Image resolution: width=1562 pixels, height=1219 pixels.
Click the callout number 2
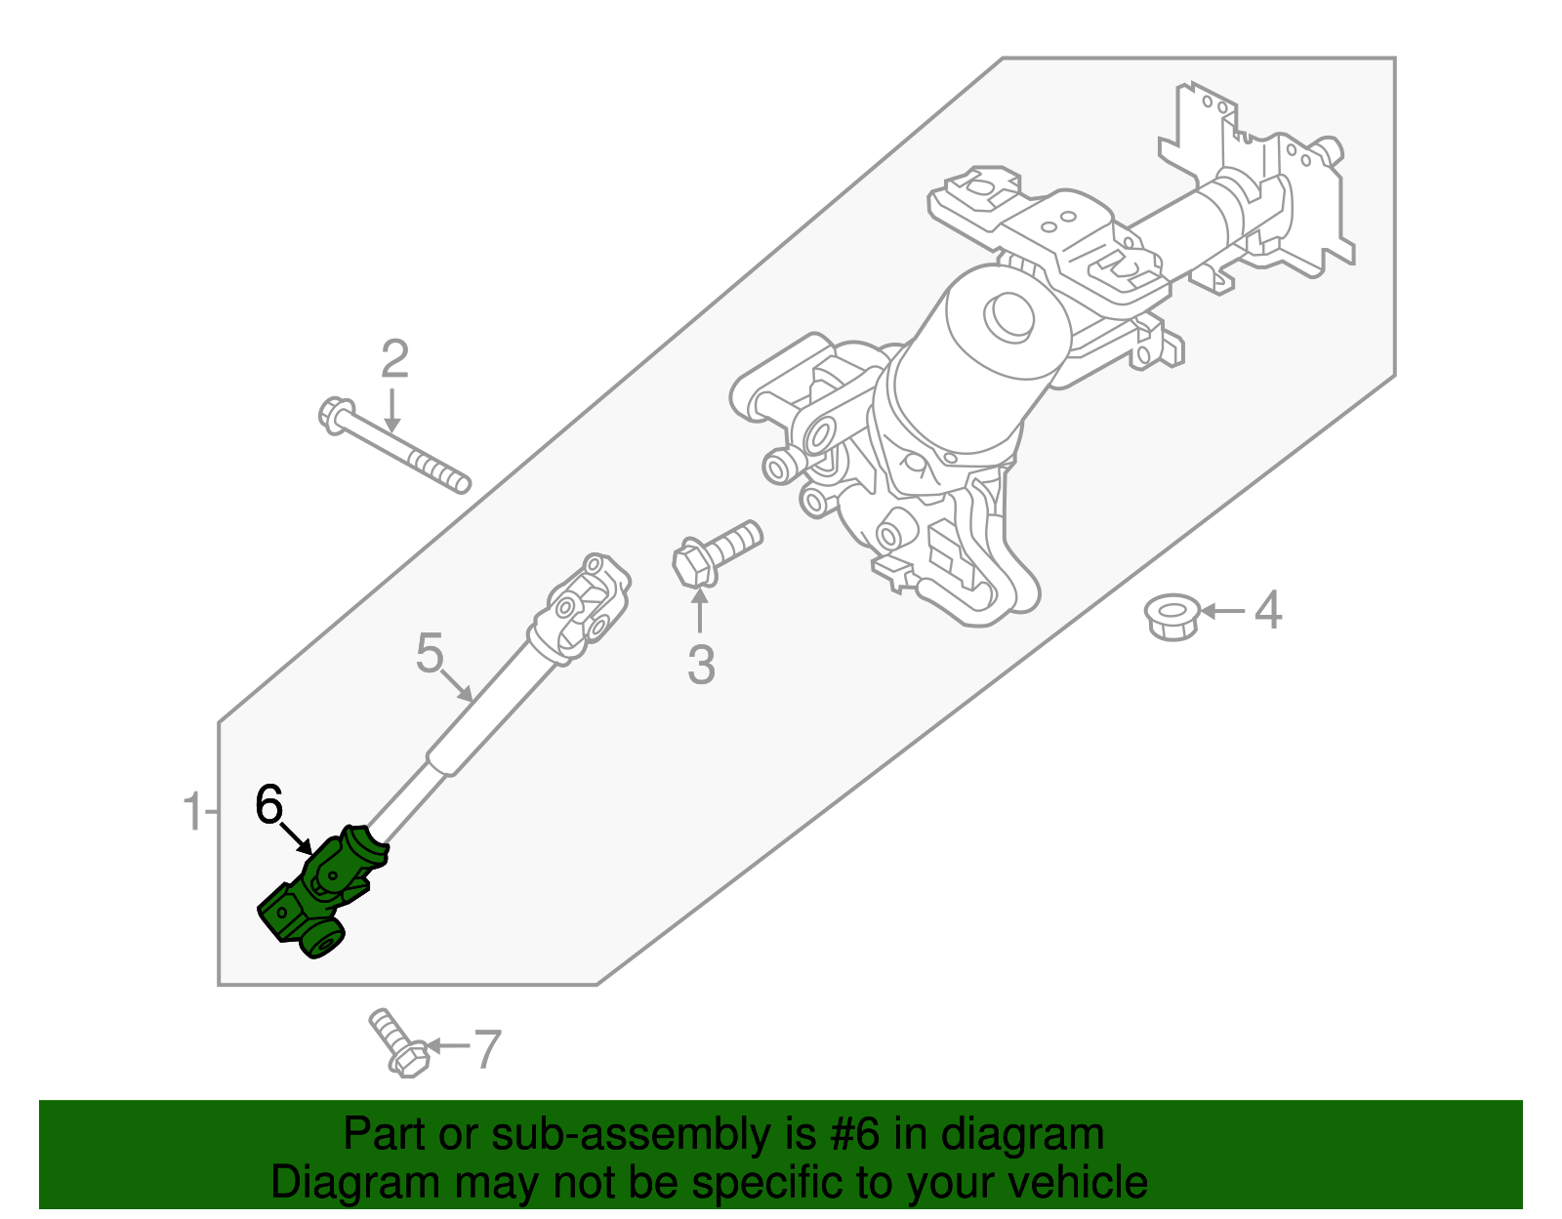[394, 360]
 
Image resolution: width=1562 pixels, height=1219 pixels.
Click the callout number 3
[701, 665]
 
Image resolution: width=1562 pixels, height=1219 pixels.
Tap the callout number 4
[1267, 611]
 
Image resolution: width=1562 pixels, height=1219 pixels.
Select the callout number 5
[430, 653]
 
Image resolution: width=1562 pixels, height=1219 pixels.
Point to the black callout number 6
[268, 804]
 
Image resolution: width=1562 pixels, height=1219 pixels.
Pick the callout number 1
[193, 812]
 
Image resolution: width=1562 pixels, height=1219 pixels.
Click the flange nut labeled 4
[1171, 617]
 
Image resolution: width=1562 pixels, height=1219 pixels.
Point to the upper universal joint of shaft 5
[584, 608]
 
